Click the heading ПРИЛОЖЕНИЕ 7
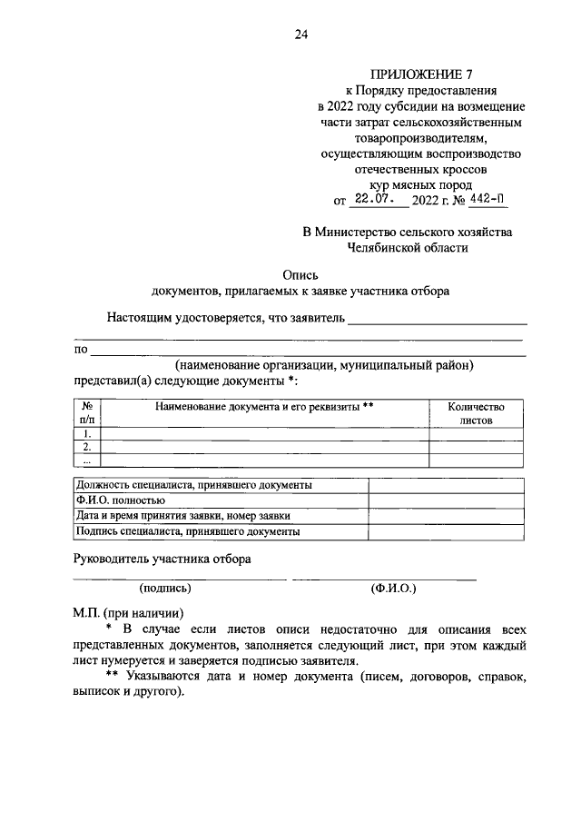click(x=410, y=74)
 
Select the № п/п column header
click(x=87, y=414)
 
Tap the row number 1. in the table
click(x=87, y=433)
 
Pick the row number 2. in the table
click(x=87, y=447)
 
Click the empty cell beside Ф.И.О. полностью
click(x=445, y=500)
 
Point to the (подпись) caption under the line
click(x=165, y=589)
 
